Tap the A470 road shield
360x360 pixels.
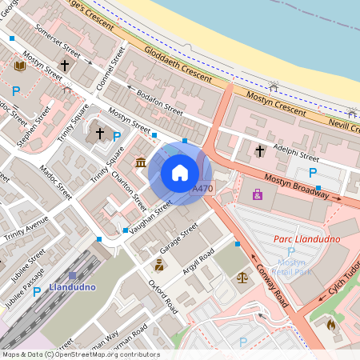tap(203, 189)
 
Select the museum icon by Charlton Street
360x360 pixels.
tap(141, 163)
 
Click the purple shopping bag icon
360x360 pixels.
tap(257, 194)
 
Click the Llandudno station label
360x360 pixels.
tap(73, 287)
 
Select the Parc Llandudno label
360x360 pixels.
tap(306, 239)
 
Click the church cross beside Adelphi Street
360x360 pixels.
tap(259, 150)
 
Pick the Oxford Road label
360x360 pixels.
tap(162, 294)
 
